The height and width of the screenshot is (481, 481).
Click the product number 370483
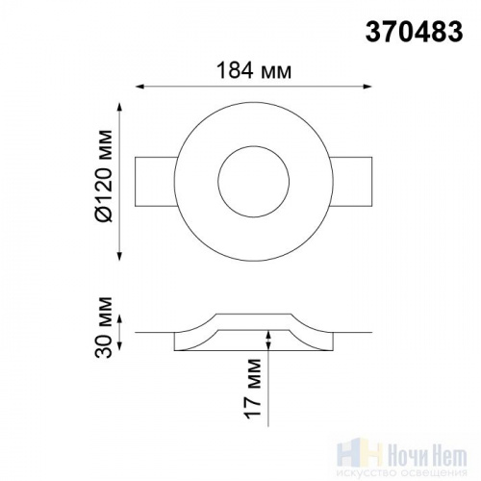(x=414, y=32)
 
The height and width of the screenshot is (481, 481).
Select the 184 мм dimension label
(x=254, y=71)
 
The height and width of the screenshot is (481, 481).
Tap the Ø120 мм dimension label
(x=105, y=176)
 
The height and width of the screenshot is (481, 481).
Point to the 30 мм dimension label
(x=104, y=327)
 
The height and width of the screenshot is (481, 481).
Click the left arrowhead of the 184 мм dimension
(x=139, y=87)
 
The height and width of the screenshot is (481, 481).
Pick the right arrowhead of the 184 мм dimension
(x=367, y=87)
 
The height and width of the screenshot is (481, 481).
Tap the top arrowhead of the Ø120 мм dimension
(x=120, y=107)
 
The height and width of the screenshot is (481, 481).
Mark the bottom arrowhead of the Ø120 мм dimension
(x=120, y=256)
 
